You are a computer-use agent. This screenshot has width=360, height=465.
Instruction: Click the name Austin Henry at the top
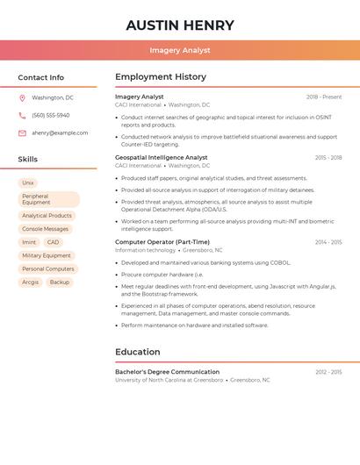click(x=179, y=25)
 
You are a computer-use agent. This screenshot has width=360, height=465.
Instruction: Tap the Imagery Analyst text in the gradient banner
click(x=179, y=51)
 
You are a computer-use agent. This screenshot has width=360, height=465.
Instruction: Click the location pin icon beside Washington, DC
click(x=22, y=98)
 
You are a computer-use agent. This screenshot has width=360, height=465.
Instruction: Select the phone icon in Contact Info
click(x=22, y=116)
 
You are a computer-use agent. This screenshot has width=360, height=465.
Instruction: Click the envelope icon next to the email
click(x=22, y=133)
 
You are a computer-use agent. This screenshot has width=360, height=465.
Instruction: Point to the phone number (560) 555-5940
click(x=50, y=116)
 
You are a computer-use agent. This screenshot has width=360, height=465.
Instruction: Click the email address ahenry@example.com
click(x=60, y=133)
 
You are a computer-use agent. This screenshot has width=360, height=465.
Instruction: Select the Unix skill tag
click(x=28, y=182)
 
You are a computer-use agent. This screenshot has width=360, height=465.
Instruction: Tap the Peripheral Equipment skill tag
click(x=48, y=199)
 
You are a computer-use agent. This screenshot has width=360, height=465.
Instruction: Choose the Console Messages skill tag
click(x=45, y=229)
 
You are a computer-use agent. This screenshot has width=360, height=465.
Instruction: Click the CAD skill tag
click(x=54, y=242)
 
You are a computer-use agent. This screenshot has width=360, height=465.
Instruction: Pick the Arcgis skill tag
click(x=31, y=283)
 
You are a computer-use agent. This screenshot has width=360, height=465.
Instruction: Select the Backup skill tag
click(x=60, y=283)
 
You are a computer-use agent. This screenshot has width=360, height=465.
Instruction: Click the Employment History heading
click(x=161, y=77)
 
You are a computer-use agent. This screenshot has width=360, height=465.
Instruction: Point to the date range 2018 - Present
click(x=324, y=97)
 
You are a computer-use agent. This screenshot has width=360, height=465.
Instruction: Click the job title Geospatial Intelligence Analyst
click(x=162, y=157)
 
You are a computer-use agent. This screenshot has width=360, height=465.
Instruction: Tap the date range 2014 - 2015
click(x=328, y=242)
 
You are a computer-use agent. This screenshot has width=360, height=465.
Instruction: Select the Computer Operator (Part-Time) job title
click(x=162, y=241)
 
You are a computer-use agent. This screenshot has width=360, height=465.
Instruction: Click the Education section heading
click(x=138, y=352)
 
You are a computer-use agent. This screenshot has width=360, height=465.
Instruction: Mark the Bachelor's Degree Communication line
click(x=167, y=372)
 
